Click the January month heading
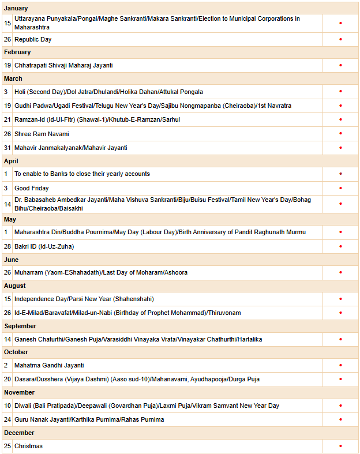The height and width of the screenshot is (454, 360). [16, 9]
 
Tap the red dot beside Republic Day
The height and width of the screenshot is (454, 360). [340, 39]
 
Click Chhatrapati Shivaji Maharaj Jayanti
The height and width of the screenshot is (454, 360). [63, 65]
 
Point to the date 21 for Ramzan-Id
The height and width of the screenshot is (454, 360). [7, 119]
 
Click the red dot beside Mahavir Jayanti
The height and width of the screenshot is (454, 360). [340, 148]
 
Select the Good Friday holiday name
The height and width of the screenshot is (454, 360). [32, 188]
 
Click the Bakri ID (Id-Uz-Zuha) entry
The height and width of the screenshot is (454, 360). [44, 246]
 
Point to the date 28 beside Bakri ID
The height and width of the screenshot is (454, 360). [7, 246]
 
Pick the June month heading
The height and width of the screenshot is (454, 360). [12, 260]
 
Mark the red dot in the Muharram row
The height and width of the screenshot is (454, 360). [340, 272]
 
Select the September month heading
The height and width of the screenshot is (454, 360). [20, 326]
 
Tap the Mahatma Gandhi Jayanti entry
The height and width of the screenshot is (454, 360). [49, 365]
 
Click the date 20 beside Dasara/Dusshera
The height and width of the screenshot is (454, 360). [7, 379]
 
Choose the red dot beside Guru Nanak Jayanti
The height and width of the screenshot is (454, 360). [340, 419]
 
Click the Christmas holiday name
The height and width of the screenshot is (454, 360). [28, 446]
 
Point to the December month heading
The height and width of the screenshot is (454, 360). [19, 433]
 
